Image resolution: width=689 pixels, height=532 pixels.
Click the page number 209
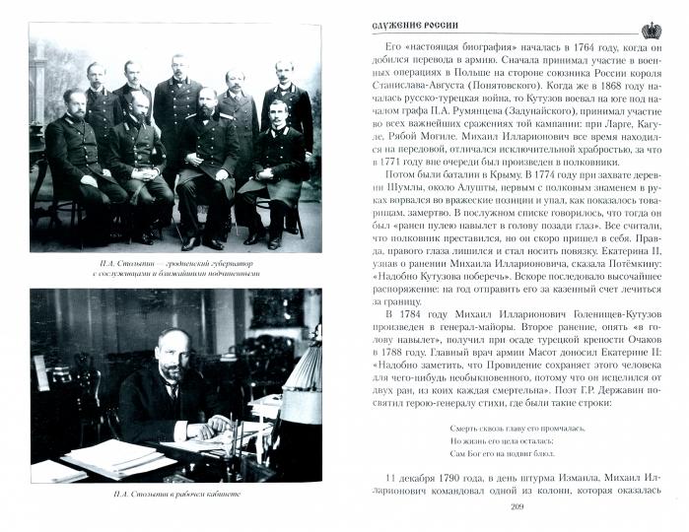517,506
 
